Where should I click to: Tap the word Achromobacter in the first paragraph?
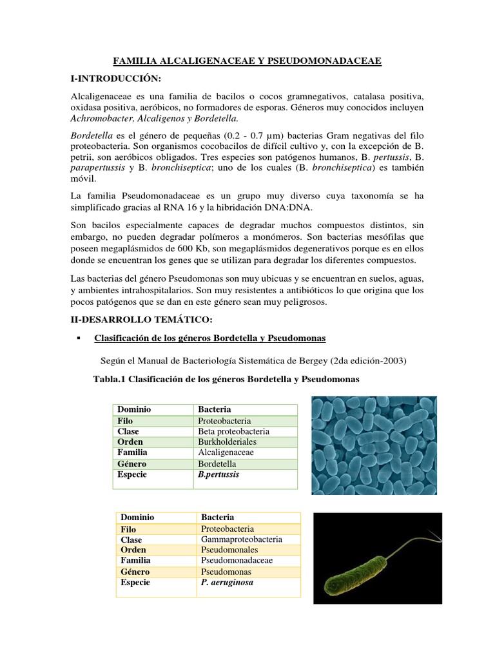100,119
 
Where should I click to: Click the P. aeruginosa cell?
227,582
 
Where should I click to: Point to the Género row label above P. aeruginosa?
135,572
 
